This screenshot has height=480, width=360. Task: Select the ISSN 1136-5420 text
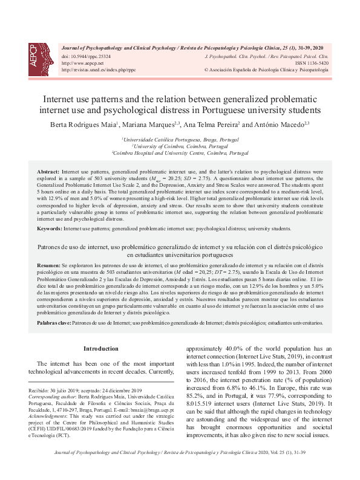click(x=312, y=62)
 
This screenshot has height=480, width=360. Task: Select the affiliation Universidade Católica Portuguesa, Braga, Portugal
click(x=180, y=140)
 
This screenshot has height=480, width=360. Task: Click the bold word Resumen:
click(x=48, y=266)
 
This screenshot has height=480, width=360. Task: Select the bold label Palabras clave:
click(x=54, y=323)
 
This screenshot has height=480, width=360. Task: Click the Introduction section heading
click(x=100, y=349)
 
